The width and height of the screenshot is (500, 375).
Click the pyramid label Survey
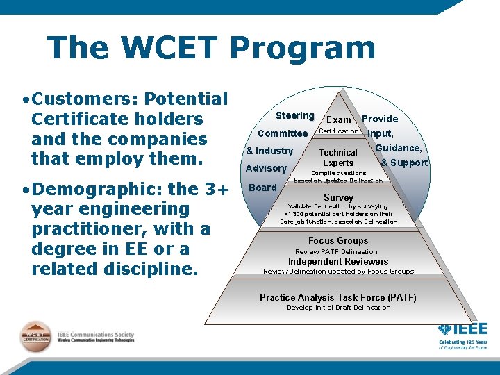coord(338,198)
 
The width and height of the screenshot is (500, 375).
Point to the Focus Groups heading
coord(338,240)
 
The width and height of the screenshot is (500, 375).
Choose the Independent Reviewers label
coord(338,261)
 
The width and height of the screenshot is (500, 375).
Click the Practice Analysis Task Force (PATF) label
coord(338,297)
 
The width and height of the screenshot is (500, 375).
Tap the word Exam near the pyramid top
coord(339,120)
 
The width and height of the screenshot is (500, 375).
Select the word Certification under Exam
coord(338,131)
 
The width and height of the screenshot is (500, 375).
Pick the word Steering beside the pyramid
coord(294,115)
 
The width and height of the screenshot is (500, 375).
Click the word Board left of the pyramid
coord(262,187)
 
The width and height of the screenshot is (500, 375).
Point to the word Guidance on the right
coord(399,147)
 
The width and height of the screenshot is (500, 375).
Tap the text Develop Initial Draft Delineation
coord(338,308)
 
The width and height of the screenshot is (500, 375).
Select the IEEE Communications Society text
coord(96,335)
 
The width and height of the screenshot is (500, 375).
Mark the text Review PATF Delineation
coord(336,251)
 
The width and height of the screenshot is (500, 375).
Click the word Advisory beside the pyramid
coord(266,168)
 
